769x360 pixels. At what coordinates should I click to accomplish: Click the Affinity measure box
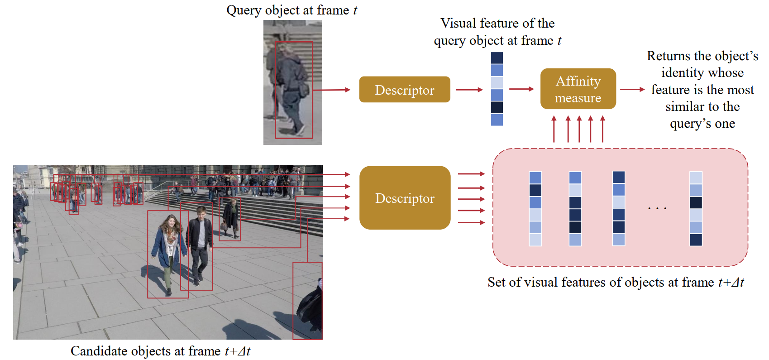coord(578,89)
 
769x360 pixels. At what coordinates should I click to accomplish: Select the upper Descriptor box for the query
coord(404,90)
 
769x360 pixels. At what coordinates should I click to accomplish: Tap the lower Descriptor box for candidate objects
coord(405,198)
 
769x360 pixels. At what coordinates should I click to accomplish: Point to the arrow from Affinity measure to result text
coord(632,90)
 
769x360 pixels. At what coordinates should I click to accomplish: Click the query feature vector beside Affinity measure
coord(497,89)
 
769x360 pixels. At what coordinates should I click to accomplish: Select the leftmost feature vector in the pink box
coord(535,209)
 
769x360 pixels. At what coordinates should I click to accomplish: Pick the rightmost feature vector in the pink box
coord(696,209)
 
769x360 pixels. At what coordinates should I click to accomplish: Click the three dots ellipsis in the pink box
coord(657,208)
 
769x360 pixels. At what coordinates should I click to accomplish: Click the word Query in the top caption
coord(244,10)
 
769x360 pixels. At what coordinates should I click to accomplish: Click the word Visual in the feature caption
coord(458,23)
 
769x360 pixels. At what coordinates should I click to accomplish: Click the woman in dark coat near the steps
coord(230,217)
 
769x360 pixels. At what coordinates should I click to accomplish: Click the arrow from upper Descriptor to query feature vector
coord(469,90)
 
